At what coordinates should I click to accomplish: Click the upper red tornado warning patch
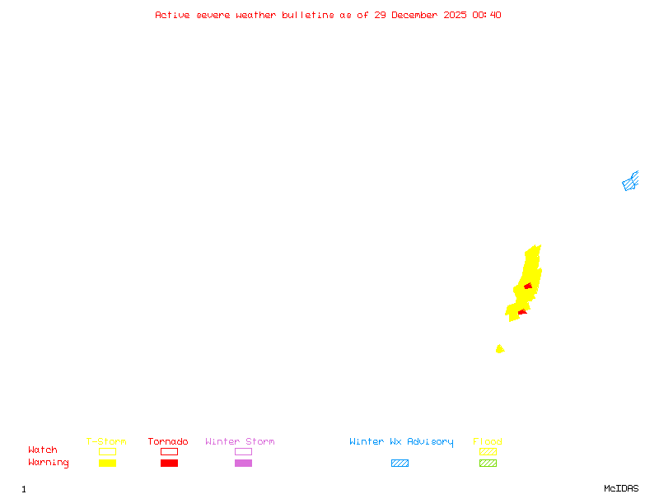[528, 287]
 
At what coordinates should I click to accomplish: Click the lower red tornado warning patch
[522, 312]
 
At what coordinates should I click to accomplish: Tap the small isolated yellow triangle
[499, 349]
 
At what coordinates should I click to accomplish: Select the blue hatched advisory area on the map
[630, 182]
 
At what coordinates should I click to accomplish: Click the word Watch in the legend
[43, 450]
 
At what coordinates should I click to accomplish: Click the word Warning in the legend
[49, 463]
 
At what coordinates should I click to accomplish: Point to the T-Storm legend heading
[106, 442]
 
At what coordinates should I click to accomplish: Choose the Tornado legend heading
[168, 442]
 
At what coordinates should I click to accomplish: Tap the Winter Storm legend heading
[240, 442]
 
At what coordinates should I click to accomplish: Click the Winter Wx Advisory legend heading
[401, 442]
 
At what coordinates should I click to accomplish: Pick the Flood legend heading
[488, 442]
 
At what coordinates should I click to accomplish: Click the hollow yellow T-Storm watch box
[107, 451]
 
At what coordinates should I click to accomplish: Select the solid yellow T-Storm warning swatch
[107, 464]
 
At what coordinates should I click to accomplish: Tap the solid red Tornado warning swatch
[169, 464]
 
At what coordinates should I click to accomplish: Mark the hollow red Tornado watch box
[169, 451]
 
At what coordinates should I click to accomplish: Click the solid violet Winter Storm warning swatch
[243, 464]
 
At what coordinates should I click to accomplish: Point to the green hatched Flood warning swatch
[488, 464]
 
